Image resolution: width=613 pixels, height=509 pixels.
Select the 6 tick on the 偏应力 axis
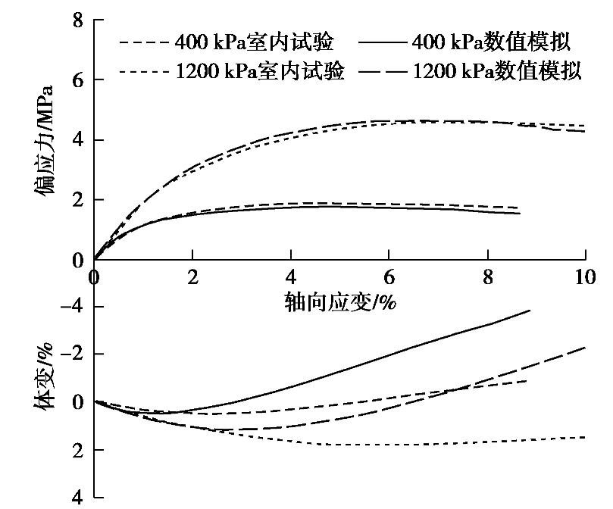point(77,80)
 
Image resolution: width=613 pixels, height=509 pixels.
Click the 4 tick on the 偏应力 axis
point(77,140)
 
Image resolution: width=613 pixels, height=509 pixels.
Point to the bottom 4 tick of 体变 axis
point(77,498)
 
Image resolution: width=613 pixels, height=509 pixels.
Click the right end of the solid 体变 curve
point(530,310)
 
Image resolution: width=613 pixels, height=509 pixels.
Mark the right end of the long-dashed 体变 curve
point(585,348)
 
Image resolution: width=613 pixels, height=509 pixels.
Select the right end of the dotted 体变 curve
point(585,437)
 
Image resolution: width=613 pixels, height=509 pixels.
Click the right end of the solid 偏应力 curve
point(520,214)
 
